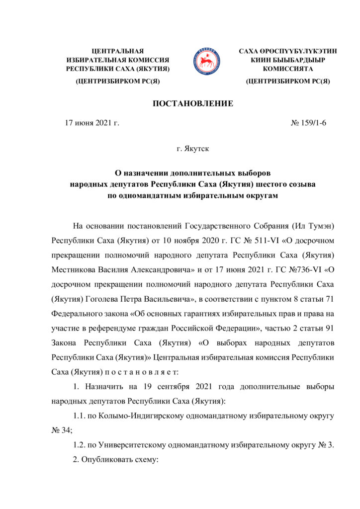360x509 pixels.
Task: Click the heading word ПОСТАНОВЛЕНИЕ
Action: (192, 103)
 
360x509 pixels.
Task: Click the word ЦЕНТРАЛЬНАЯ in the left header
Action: (118, 51)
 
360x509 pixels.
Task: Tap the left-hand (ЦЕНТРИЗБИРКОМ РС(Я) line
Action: (118, 81)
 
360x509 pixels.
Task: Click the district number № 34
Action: (61, 430)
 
